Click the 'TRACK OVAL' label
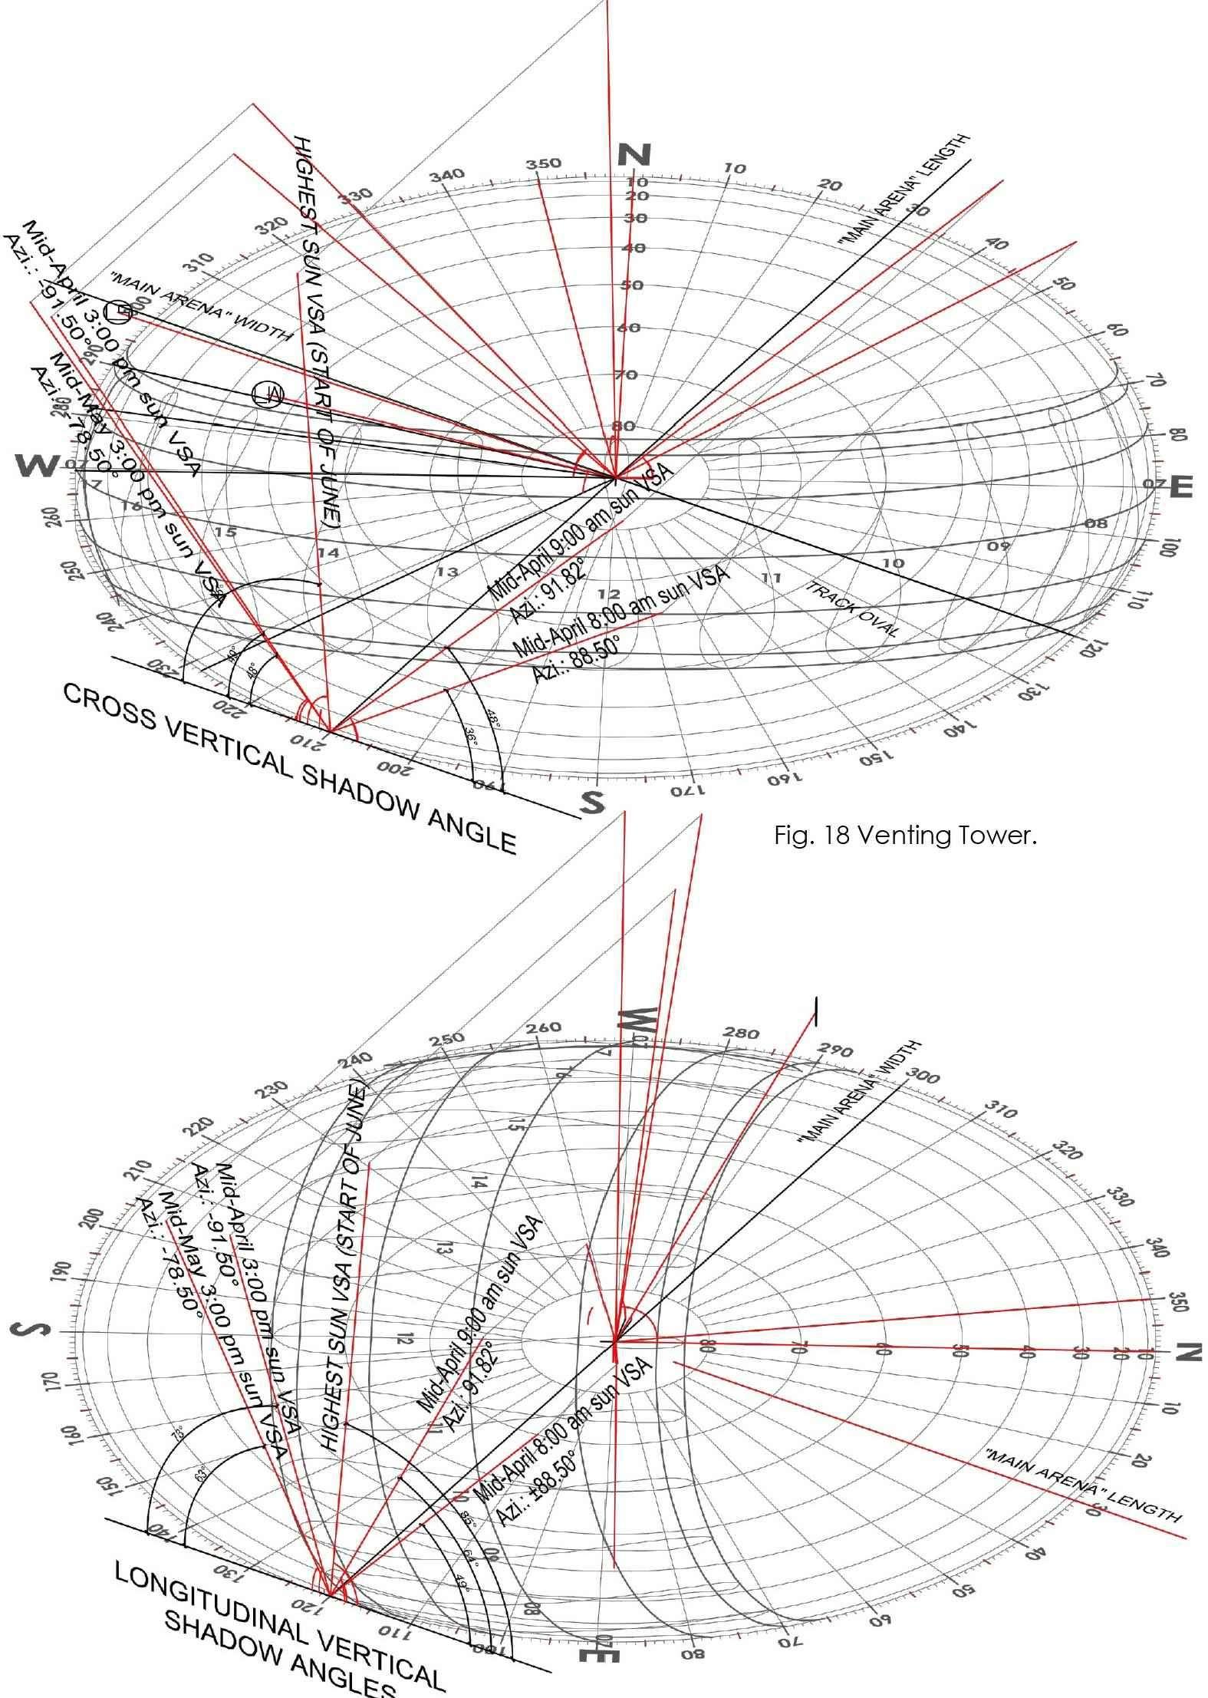851,609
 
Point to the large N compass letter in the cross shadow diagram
634,155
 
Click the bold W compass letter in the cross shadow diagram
36,465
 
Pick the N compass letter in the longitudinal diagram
1186,1353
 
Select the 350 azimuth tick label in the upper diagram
543,163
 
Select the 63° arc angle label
201,1474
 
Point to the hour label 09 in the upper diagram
998,546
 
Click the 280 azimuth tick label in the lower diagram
741,1034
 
